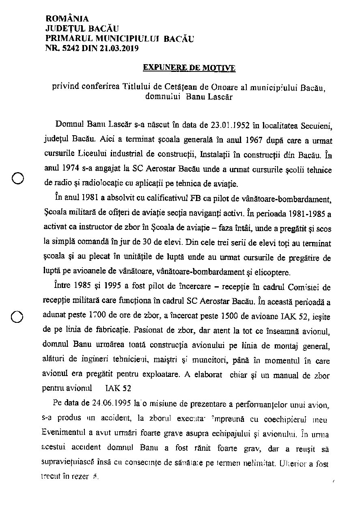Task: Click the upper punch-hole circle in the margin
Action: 17,177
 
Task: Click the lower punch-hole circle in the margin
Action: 17,317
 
